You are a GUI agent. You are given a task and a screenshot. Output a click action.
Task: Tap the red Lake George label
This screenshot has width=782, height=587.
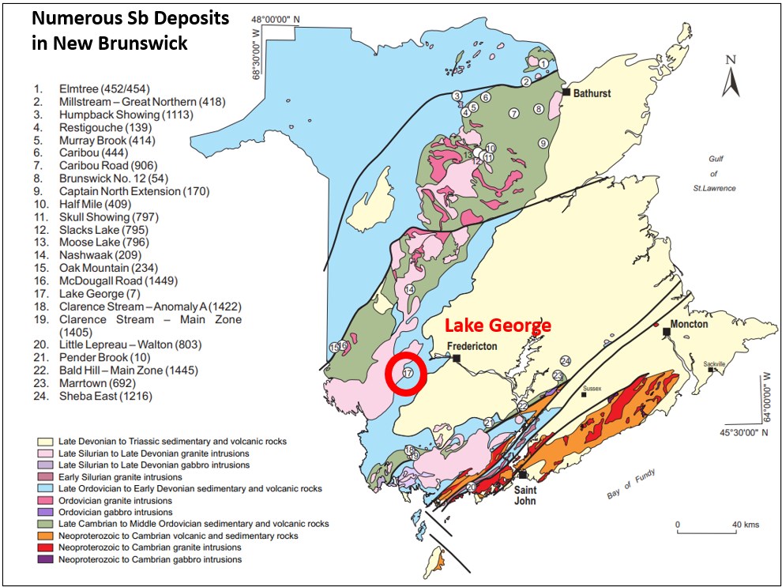[x=497, y=325]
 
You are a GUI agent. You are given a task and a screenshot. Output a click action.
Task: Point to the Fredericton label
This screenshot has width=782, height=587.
[x=470, y=346]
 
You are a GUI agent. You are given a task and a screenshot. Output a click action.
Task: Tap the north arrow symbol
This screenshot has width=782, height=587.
[x=731, y=75]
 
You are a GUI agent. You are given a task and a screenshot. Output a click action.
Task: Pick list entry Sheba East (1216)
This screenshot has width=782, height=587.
[x=105, y=396]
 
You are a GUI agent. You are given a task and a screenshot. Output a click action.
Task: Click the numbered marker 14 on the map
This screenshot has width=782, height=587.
[x=408, y=290]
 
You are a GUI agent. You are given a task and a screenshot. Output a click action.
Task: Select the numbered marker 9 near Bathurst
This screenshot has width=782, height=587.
[x=543, y=143]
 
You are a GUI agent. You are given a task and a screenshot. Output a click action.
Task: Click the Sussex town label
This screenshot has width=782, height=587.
[x=592, y=389]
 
